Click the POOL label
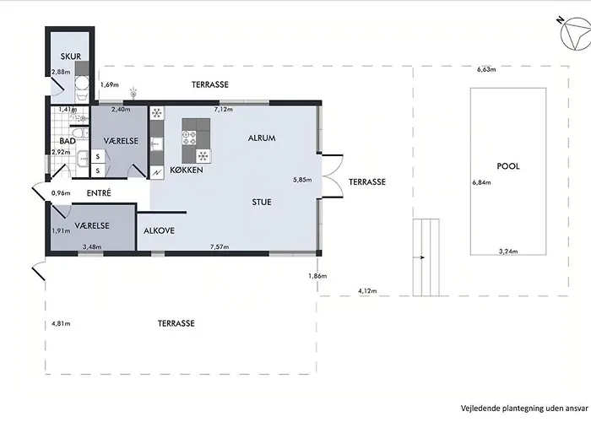tap(508, 166)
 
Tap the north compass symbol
tap(574, 34)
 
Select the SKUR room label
tap(71, 57)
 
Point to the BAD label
tap(68, 141)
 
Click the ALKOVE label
tap(159, 230)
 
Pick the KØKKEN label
tap(187, 170)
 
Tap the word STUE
tap(262, 203)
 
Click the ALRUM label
tap(262, 138)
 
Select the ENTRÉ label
tap(99, 193)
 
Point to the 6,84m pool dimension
tap(482, 183)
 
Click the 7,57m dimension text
tap(220, 247)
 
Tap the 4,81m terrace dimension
tap(61, 323)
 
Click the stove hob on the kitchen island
tap(189, 138)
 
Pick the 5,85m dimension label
tap(302, 180)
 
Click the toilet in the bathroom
tap(80, 133)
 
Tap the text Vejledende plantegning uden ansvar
tap(524, 408)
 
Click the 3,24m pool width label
tap(508, 252)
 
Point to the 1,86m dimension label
tap(317, 276)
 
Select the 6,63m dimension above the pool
tap(486, 69)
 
